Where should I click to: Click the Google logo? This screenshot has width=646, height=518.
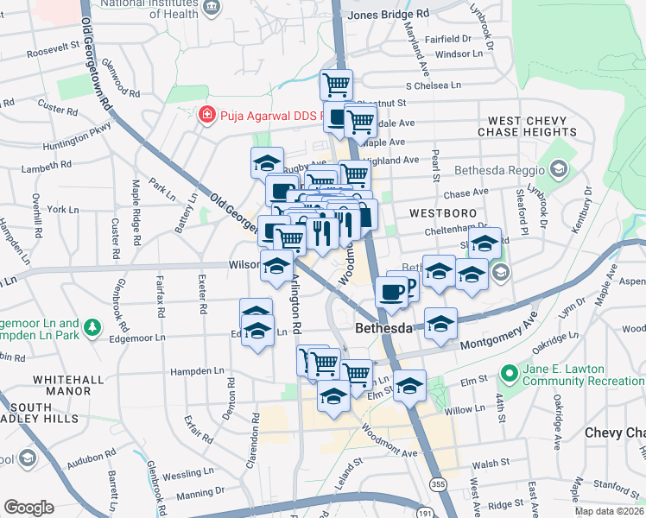pyautogui.click(x=28, y=508)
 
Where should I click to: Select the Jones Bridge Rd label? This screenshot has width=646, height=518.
pyautogui.click(x=388, y=15)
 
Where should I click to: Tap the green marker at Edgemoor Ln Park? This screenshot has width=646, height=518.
pyautogui.click(x=92, y=327)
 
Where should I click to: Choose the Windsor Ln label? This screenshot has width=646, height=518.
pyautogui.click(x=463, y=54)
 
